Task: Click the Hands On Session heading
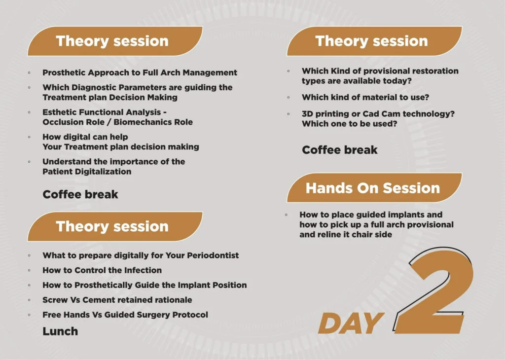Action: [x=372, y=188]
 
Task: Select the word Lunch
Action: [x=60, y=331]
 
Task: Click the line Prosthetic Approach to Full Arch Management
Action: [x=140, y=72]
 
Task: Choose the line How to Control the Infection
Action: [x=102, y=270]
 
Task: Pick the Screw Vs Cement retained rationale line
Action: [x=117, y=300]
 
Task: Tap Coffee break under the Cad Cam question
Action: [x=340, y=150]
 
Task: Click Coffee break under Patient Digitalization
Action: [x=80, y=194]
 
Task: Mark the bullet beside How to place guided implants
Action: [x=287, y=215]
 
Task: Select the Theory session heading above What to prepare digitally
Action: [x=112, y=226]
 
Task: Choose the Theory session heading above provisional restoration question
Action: [x=371, y=41]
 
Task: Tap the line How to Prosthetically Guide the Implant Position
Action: [x=144, y=285]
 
